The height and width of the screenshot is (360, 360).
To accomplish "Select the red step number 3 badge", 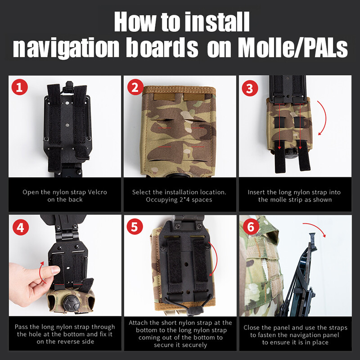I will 250,88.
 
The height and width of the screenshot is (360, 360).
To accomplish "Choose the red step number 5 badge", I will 135,227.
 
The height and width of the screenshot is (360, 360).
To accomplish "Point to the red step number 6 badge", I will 250,227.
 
